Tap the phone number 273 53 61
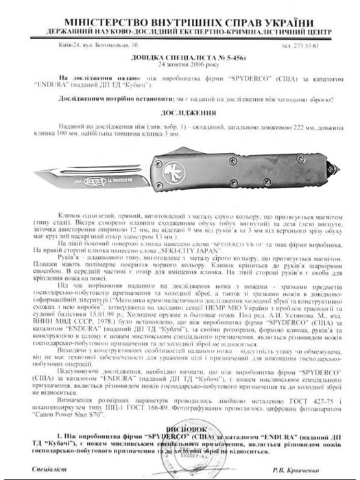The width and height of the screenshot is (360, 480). point(320,45)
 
